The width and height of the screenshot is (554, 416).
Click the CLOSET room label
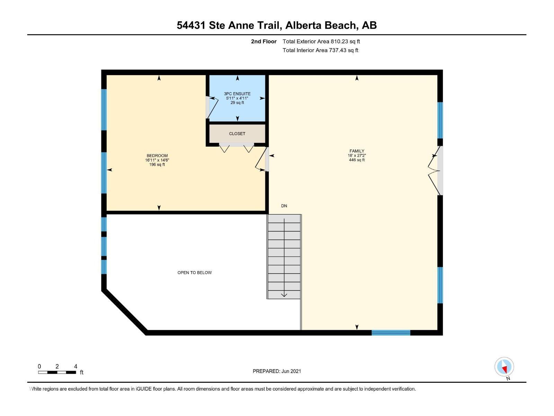237,133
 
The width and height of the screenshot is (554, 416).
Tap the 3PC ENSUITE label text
237,94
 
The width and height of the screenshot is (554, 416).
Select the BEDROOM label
157,156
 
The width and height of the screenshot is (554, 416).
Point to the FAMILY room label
357,151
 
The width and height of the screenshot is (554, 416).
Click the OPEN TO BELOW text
195,272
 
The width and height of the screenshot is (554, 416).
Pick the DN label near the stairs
284,206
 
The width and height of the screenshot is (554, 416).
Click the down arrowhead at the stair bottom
284,295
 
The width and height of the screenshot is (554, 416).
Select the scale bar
57,372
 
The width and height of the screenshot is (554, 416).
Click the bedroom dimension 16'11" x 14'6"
157,160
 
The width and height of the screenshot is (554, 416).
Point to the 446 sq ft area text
357,160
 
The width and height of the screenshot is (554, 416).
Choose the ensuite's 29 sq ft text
237,103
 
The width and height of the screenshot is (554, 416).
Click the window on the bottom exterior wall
391,333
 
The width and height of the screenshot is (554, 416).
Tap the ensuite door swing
212,107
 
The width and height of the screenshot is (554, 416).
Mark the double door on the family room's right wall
435,171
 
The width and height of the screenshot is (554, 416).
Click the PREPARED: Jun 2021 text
277,371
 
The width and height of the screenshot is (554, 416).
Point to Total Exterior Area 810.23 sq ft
321,41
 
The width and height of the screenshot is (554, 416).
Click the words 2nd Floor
263,41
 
